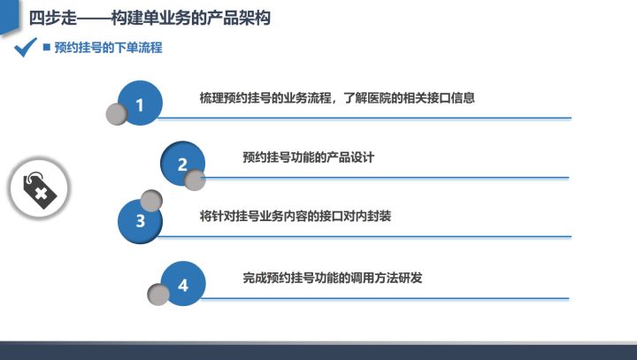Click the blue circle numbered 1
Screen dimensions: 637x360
pos(140,103)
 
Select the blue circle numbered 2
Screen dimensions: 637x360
pos(183,164)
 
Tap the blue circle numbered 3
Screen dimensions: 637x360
pos(140,221)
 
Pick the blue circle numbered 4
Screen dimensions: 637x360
pos(183,284)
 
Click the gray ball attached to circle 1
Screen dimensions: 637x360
pos(117,114)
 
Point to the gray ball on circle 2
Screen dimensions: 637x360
pos(195,180)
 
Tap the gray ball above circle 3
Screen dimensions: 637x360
pos(151,201)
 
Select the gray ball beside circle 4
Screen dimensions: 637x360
pos(158,295)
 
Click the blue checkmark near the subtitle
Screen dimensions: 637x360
pos(25,47)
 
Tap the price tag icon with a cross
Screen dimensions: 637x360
pos(40,189)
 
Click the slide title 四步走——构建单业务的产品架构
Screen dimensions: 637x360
pos(150,18)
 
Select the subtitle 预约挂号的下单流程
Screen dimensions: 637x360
pos(109,48)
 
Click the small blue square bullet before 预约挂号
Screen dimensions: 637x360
pos(47,47)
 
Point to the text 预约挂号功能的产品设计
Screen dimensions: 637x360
pos(309,157)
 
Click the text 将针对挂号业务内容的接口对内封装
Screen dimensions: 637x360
pos(295,216)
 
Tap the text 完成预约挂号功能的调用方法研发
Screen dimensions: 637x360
pos(333,278)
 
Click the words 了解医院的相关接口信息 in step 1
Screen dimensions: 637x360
pos(409,98)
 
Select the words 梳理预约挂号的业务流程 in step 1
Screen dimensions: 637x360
pos(265,98)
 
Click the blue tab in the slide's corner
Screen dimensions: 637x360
pos(10,16)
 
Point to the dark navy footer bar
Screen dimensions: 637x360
pos(318,352)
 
